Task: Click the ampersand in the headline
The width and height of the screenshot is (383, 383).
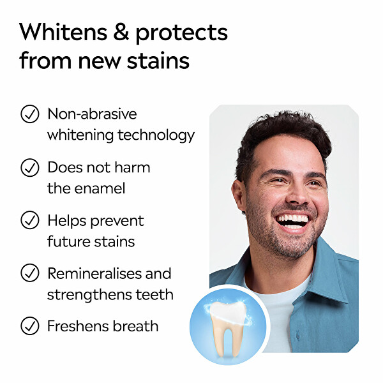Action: [121, 32]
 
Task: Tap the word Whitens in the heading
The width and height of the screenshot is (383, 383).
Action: [63, 32]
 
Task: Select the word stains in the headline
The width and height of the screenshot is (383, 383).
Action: [158, 61]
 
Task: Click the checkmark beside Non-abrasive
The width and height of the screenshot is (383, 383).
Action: [30, 114]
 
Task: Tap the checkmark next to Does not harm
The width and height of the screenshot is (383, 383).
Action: [30, 167]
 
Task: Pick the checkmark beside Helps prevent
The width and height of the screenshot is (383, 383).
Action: [30, 220]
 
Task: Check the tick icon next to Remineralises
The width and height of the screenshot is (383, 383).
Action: [30, 273]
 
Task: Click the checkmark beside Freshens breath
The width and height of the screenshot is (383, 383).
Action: [30, 326]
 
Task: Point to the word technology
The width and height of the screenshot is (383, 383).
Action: [156, 135]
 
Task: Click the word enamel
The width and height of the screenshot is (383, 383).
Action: [100, 188]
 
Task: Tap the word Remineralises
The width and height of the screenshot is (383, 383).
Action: [94, 273]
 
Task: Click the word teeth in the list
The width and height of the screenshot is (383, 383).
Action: [154, 294]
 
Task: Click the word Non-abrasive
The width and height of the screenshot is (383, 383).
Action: [92, 114]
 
